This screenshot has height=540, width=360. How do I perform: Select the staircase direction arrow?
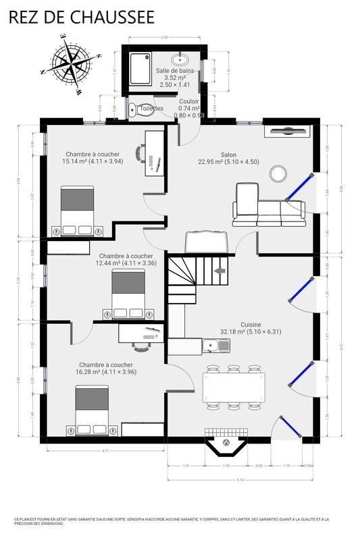click(x=220, y=271)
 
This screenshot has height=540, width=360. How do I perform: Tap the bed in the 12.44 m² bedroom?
click(x=130, y=294)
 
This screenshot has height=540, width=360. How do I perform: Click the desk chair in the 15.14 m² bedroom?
click(x=139, y=153)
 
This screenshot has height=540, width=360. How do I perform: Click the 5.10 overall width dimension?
click(x=240, y=480)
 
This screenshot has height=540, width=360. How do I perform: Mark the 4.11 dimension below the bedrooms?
click(x=105, y=450)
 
